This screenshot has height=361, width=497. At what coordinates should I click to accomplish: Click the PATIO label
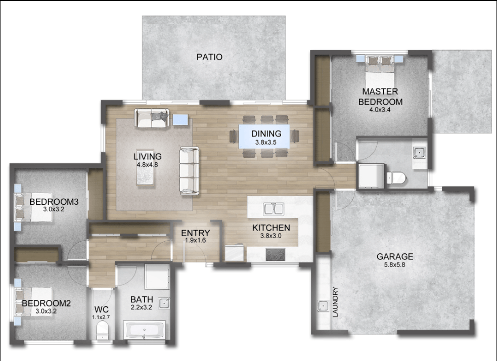coord(209,57)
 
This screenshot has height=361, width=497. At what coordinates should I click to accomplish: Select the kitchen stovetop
coord(275,254)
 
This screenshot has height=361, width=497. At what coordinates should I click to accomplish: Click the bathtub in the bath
coord(144,330)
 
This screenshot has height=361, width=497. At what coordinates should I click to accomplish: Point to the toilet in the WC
coord(102,330)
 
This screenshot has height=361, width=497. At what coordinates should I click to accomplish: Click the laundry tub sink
coord(323,306)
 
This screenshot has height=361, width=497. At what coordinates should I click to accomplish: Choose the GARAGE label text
coord(395,256)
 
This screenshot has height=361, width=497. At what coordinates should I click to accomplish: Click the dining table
coord(264,137)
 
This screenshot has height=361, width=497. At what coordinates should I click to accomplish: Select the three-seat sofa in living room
coord(190,170)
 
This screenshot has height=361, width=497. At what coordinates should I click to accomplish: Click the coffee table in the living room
coord(145,167)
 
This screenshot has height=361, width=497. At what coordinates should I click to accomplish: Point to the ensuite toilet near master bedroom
coord(396,178)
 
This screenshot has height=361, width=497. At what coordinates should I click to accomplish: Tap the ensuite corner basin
coord(419,153)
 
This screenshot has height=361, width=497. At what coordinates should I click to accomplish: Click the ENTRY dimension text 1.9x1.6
coord(195,241)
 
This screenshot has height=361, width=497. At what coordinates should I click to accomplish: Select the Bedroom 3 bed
coord(33,207)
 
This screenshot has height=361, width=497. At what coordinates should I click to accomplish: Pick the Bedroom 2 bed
coord(33,301)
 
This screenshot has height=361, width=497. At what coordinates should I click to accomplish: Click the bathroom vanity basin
coord(164,303)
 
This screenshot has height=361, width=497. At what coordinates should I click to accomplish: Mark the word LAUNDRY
coord(335,302)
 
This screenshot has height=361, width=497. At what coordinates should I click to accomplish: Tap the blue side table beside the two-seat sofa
coord(180,120)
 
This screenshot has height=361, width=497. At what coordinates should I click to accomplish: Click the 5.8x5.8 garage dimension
coord(395,264)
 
